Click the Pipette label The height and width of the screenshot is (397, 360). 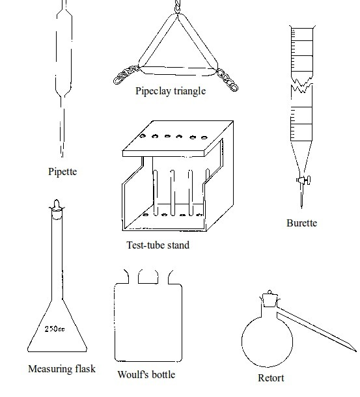click(62, 172)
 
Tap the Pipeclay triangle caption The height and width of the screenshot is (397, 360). click(171, 91)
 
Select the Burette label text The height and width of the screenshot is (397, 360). click(301, 223)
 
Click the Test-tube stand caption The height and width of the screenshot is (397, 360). click(158, 245)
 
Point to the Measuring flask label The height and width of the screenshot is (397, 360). click(62, 368)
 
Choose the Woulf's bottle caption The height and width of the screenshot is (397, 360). click(146, 374)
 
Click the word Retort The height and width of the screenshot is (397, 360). click(271, 377)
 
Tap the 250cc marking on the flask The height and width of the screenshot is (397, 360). click(55, 329)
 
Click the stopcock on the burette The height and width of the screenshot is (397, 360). click(303, 180)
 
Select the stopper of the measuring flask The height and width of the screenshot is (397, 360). click(57, 209)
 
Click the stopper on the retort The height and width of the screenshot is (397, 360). click(270, 299)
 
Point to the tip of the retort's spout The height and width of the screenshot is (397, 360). click(356, 351)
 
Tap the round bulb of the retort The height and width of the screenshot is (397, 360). click(268, 341)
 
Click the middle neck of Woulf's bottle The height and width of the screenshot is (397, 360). click(148, 277)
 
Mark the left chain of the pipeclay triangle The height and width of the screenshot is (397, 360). click(126, 75)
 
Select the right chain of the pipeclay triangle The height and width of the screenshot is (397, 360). click(227, 80)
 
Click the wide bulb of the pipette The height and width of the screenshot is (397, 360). click(64, 53)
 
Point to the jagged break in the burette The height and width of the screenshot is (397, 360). click(301, 85)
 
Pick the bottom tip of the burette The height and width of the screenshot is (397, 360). click(301, 208)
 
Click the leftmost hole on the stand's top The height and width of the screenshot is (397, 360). click(143, 136)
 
